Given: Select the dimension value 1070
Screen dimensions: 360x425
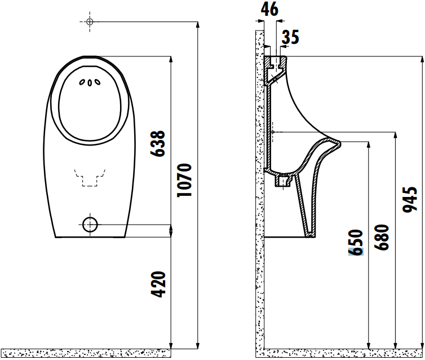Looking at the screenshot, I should [184, 180].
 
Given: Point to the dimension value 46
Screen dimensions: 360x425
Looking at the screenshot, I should [271, 10].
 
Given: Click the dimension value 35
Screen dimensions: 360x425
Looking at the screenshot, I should [290, 37].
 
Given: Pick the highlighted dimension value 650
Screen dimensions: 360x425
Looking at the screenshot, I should [356, 243].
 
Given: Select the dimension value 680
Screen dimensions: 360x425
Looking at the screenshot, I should [383, 238].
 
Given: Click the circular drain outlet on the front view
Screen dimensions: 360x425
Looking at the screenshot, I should [90, 225].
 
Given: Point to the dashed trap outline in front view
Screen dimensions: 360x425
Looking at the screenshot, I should [90, 176].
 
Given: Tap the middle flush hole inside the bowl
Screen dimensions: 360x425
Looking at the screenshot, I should [90, 84].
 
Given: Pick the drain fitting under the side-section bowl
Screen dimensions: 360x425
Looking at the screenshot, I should [281, 181].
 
